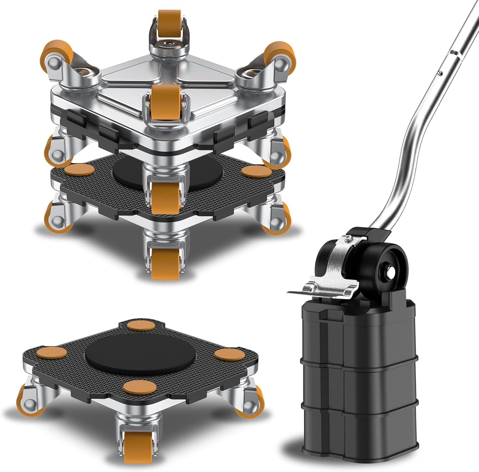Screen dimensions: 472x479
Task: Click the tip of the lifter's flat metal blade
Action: [289, 292]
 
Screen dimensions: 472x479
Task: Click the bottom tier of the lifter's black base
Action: [360, 427]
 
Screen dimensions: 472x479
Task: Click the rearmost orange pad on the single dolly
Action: [141, 325]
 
